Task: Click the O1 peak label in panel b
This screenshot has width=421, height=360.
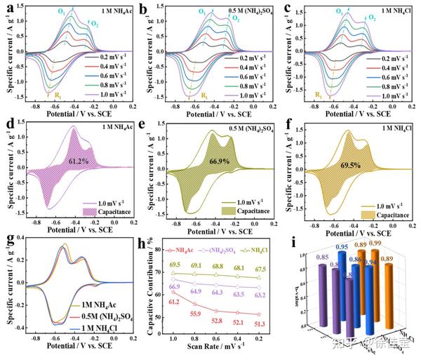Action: click(x=203, y=11)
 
